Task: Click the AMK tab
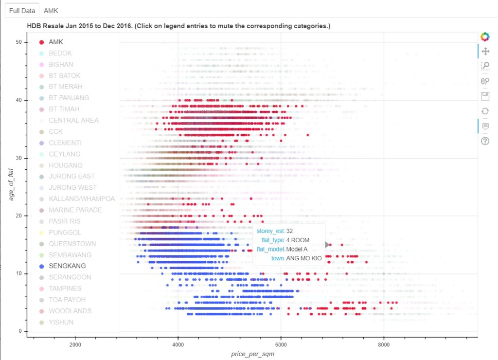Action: (x=51, y=10)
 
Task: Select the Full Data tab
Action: (x=21, y=10)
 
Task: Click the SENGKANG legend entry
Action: (x=67, y=266)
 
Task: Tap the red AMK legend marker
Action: (x=41, y=42)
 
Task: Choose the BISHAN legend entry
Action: (x=61, y=65)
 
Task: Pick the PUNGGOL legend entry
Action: (x=65, y=233)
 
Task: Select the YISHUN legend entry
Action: (x=61, y=322)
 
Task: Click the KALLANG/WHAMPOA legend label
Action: (x=82, y=199)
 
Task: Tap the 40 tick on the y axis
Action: (x=18, y=100)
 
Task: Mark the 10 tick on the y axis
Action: (x=18, y=273)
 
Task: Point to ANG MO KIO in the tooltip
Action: (x=304, y=258)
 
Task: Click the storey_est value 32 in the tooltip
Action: (x=289, y=231)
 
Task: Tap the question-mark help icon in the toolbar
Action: (x=484, y=141)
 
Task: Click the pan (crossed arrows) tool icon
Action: (x=484, y=51)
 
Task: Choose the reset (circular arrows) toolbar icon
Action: (x=484, y=111)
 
